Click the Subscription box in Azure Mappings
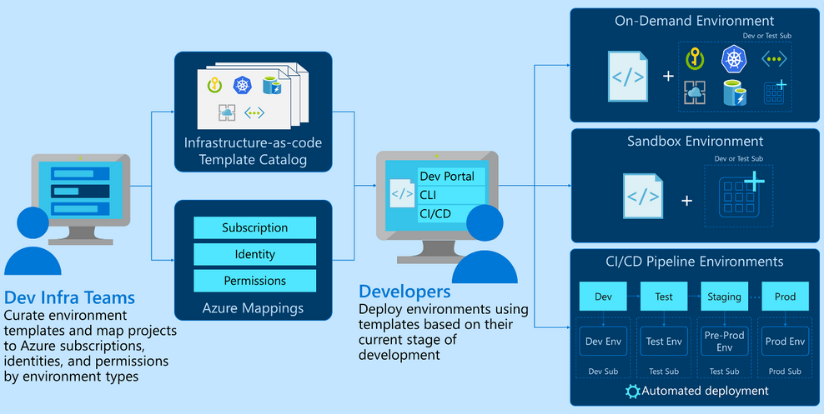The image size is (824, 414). pos(254,227)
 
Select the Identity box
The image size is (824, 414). pos(254,254)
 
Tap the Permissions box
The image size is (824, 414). pos(254,281)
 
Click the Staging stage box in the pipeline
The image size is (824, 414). pos(724,297)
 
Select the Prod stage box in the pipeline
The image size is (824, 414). pos(785,297)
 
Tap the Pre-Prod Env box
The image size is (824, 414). pos(724,341)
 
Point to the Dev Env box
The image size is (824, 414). pos(603,341)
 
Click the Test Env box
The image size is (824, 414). pos(664,341)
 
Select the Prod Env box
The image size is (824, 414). pos(785,341)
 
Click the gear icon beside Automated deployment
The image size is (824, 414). pos(632,391)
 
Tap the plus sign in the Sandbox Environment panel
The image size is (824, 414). pos(686,200)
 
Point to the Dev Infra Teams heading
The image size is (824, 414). pos(69,297)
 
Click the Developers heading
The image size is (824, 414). pos(404,292)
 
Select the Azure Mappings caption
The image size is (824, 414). pos(254,309)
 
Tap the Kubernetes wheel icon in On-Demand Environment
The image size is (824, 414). pos(733,58)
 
